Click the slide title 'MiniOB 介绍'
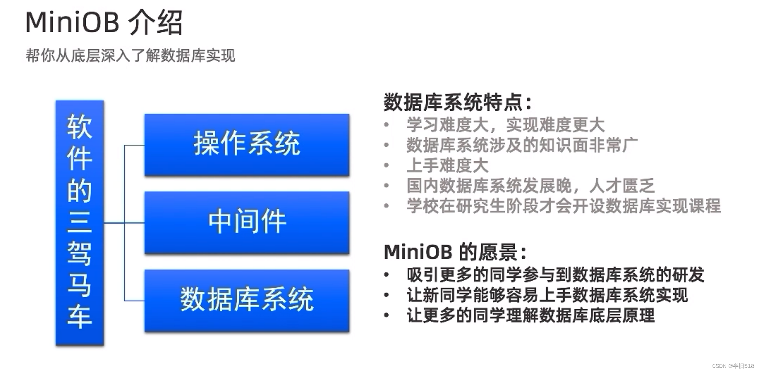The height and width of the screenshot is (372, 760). pos(104,23)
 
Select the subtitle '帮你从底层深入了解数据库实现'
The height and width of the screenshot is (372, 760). pos(130,56)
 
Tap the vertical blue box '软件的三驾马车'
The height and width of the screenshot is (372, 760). pos(80,222)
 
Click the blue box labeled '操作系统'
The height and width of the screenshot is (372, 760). pos(247,145)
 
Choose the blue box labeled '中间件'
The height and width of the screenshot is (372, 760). pos(247,222)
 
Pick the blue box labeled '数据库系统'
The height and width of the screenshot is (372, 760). pos(247,300)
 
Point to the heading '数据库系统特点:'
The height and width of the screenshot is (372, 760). pos(458,102)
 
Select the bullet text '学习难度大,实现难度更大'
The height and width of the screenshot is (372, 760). pos(505,125)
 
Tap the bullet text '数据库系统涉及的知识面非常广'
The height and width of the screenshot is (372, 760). pos(522,145)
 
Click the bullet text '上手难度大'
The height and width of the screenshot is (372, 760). pos(447,165)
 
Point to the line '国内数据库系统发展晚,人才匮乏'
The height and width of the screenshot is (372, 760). pos(530,186)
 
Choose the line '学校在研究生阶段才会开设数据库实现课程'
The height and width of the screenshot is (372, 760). pos(564,206)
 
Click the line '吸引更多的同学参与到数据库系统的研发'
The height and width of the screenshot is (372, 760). pos(555,275)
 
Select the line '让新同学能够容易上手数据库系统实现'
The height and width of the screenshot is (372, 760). pos(547,295)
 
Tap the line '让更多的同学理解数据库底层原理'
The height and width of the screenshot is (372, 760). pos(530,316)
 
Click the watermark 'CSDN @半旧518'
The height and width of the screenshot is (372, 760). pos(733,366)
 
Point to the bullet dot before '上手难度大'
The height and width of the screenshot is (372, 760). pos(386,165)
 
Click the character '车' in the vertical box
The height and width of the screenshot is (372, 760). pos(79,317)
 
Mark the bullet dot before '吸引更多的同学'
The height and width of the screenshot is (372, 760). pos(386,275)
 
